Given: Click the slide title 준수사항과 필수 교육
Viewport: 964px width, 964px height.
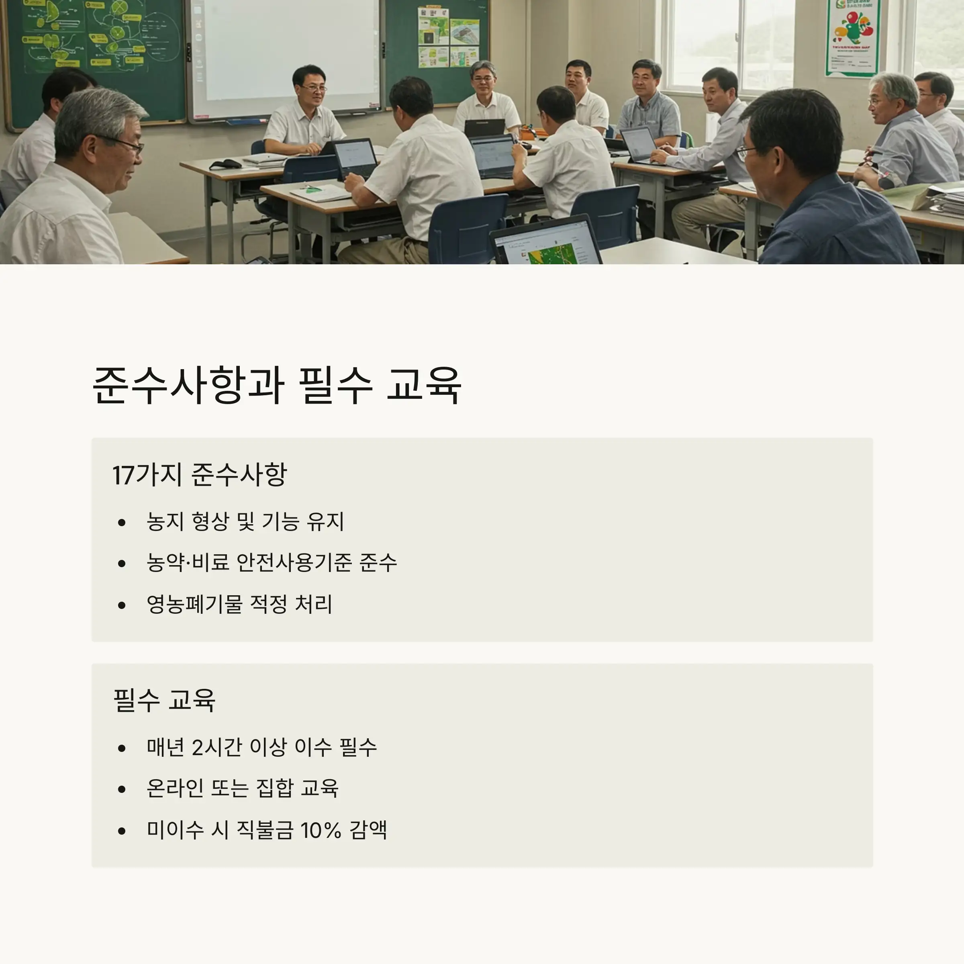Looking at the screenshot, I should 277,385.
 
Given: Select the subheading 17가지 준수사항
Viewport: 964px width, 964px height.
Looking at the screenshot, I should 200,474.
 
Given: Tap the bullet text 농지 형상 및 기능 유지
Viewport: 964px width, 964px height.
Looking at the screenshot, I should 245,522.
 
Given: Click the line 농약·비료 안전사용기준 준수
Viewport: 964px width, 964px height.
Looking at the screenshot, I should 272,563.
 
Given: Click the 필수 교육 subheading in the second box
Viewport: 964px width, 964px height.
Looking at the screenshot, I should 165,700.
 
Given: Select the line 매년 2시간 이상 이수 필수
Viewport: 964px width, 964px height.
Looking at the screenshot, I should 261,748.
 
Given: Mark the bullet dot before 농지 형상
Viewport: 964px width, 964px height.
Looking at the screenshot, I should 122,523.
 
